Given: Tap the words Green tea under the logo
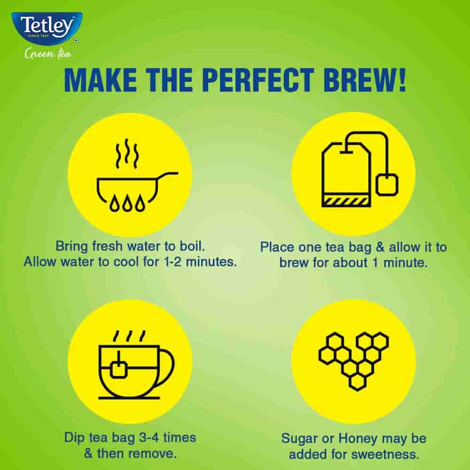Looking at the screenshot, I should coord(48,54).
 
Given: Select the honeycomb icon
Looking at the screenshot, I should coord(353,360).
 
